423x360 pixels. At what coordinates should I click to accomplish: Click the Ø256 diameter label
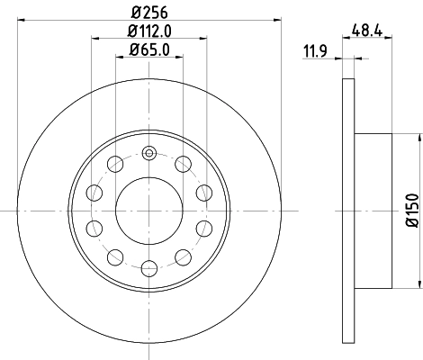coord(149,12)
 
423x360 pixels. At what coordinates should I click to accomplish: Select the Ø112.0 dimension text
coord(149,33)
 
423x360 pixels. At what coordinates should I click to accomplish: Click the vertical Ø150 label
coord(411,210)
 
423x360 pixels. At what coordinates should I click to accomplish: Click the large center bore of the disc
coord(149,209)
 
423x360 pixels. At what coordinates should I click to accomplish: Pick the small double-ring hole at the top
coord(149,150)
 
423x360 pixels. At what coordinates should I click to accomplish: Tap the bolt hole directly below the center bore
coord(149,267)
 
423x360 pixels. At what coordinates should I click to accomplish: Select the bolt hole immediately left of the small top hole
coord(115,162)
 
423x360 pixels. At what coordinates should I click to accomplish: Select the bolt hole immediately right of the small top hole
coord(184,162)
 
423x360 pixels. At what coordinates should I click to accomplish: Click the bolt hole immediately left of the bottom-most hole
coord(115,256)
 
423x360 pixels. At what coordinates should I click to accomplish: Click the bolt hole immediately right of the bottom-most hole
coord(184,256)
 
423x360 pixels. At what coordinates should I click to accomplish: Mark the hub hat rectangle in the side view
coord(374,209)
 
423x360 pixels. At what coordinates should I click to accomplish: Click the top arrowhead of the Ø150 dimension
coord(419,138)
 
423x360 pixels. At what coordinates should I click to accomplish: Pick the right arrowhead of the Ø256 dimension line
coord(278,21)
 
